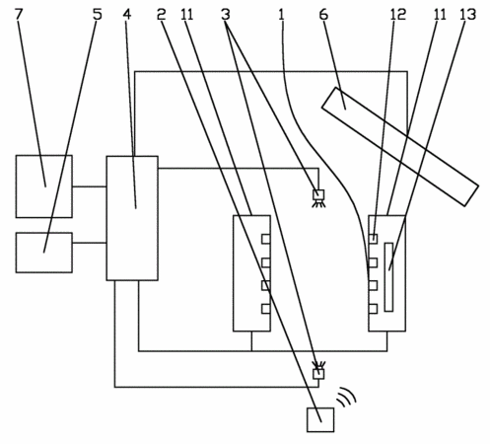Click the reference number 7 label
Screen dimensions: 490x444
tap(20, 14)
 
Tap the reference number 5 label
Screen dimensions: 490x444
tap(98, 14)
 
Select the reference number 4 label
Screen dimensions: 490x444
tap(127, 14)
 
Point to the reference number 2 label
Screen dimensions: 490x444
tap(161, 14)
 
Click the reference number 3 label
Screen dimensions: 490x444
tap(226, 14)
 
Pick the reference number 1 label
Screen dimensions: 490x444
tap(281, 14)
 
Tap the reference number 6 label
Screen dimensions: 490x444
tap(323, 14)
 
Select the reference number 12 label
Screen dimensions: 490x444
tap(398, 14)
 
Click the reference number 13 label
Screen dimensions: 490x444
tap(467, 14)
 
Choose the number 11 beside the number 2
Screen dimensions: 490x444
tap(187, 14)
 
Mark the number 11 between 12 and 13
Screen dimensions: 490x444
tap(440, 14)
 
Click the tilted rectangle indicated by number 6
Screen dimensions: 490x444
tap(400, 147)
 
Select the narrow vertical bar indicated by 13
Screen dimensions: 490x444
tap(388, 277)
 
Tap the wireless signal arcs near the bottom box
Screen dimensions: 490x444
tap(347, 397)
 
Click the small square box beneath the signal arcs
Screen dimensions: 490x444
tap(320, 420)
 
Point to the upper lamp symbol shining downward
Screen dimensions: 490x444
tap(318, 198)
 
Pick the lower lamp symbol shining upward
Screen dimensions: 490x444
tap(318, 371)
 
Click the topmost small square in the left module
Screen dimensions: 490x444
tap(266, 239)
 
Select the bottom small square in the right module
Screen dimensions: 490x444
tap(373, 309)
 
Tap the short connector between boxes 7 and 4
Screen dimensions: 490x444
tap(89, 186)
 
